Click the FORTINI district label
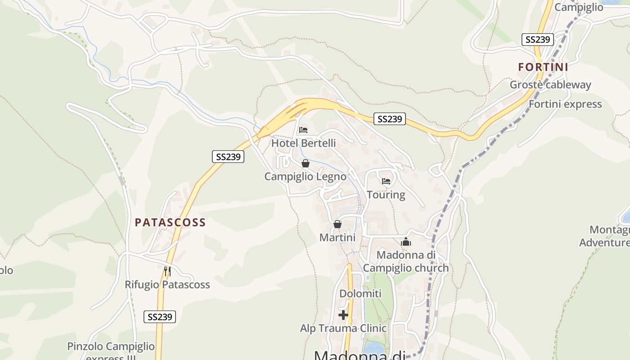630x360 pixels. tap(543, 67)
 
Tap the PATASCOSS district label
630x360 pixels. tap(170, 222)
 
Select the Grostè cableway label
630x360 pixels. tap(550, 85)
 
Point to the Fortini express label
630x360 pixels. tap(565, 104)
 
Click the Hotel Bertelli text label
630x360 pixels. tap(303, 143)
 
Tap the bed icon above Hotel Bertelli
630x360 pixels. tap(303, 130)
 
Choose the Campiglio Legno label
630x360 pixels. tap(305, 176)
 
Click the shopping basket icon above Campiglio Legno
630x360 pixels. tap(305, 163)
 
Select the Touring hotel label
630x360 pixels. tap(386, 195)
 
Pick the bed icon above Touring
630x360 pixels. tap(386, 182)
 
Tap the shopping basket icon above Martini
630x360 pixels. tap(337, 224)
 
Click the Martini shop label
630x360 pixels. tap(337, 237)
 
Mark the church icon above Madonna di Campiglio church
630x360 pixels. tap(406, 242)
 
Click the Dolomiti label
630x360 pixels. tap(360, 294)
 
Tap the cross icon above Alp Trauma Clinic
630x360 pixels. tap(343, 315)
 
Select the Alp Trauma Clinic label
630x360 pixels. tap(343, 328)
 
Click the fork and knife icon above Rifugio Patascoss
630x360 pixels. tap(167, 271)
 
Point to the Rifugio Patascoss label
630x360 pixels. tap(167, 285)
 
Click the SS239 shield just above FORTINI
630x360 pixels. tap(537, 40)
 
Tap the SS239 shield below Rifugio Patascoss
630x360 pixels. tap(160, 317)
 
